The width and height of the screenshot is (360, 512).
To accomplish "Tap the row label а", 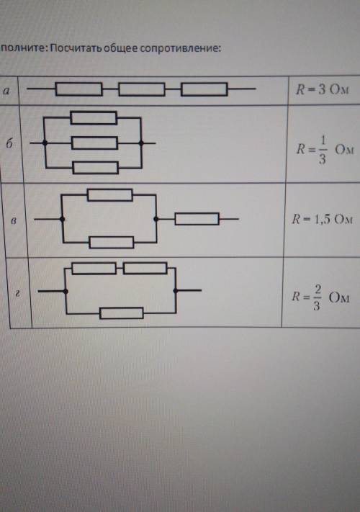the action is (x=6, y=91).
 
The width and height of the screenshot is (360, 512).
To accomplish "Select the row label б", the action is (x=9, y=143).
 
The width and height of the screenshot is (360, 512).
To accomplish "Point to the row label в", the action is (x=14, y=221).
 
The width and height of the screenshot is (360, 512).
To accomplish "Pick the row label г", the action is (x=18, y=294).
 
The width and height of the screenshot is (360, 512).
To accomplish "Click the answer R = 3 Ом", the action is (x=322, y=89).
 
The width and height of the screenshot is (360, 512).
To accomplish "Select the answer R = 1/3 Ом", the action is (x=325, y=150).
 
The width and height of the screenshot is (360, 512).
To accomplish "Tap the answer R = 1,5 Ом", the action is (x=322, y=219).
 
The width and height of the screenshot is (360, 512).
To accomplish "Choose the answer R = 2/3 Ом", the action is (x=320, y=297).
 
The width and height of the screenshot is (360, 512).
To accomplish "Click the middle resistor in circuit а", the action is (x=142, y=89).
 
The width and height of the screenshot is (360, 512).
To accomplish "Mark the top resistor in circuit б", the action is (x=94, y=118).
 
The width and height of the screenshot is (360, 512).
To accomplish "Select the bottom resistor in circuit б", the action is (x=95, y=168).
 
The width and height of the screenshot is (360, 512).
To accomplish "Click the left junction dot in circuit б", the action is (x=45, y=143).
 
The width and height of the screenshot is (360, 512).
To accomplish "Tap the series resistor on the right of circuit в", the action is (x=197, y=219).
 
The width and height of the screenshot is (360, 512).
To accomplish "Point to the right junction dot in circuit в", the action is (x=156, y=219).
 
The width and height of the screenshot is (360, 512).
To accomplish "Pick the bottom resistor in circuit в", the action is (x=112, y=243).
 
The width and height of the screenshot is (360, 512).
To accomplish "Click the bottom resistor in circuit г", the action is (x=122, y=313).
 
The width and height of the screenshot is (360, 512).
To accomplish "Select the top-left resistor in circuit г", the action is (x=94, y=269).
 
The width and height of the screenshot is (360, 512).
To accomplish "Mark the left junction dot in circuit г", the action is (x=66, y=291).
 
